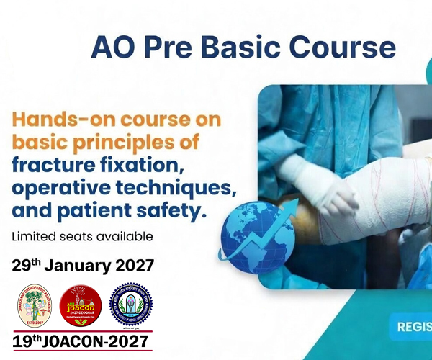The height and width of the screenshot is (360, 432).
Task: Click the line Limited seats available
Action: (x=82, y=236)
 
